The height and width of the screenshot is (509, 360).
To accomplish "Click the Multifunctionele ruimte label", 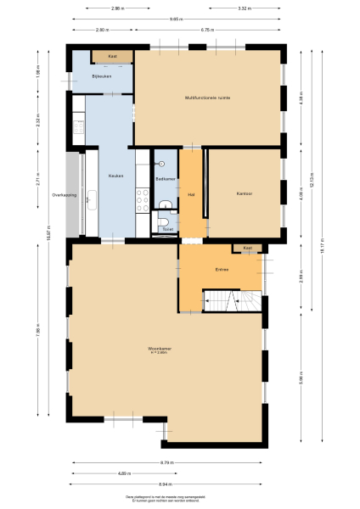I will (x=208, y=98).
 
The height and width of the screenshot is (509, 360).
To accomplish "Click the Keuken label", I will (x=116, y=176).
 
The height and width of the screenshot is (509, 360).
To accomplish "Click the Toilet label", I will (x=167, y=229).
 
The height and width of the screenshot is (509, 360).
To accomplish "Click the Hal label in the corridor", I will (x=192, y=193).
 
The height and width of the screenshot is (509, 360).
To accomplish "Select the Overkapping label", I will (x=65, y=194).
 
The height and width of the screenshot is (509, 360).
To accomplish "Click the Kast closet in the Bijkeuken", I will (x=112, y=57).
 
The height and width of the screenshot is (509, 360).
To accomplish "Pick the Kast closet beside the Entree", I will (x=248, y=248).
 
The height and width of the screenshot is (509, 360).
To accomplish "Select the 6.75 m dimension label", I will (x=206, y=30).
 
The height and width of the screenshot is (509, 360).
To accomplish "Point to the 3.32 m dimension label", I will (x=244, y=8).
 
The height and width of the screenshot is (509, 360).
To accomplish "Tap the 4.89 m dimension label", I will (x=123, y=472).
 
